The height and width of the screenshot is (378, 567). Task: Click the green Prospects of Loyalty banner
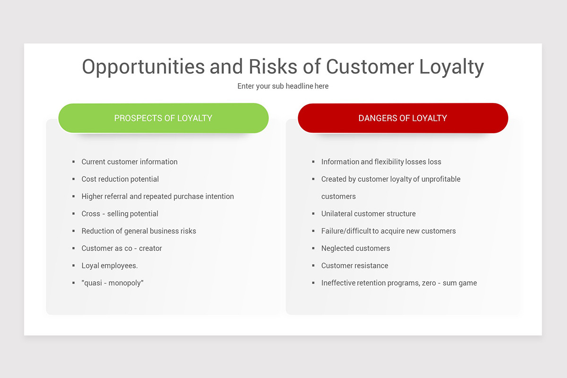(x=163, y=118)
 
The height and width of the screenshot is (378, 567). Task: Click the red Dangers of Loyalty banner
(x=403, y=118)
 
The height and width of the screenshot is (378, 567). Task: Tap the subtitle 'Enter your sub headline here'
(x=283, y=86)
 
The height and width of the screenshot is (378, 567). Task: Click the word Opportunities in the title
(x=143, y=67)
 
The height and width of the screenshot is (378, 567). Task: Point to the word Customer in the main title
(x=370, y=66)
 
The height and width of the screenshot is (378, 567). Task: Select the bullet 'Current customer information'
(x=129, y=162)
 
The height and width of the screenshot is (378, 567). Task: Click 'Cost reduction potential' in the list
(x=120, y=179)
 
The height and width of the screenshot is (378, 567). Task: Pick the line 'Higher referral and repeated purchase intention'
(x=157, y=197)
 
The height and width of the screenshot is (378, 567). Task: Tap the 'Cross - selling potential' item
(x=120, y=214)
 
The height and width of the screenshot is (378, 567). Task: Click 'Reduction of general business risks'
(x=139, y=231)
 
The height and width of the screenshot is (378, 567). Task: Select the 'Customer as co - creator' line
(x=121, y=249)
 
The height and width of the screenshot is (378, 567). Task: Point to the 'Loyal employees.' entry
(x=110, y=266)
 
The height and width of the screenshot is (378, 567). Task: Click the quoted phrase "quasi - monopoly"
(x=112, y=283)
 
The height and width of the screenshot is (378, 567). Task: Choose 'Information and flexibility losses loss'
(x=381, y=162)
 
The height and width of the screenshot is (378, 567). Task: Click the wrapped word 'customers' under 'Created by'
(x=338, y=197)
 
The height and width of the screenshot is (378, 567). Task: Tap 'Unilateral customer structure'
(x=368, y=214)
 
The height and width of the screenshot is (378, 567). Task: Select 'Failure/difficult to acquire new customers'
(x=388, y=231)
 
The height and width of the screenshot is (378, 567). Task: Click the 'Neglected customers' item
(x=355, y=249)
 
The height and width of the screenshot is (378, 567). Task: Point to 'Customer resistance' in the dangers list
(x=355, y=266)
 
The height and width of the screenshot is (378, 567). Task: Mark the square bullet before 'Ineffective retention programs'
(x=313, y=283)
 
